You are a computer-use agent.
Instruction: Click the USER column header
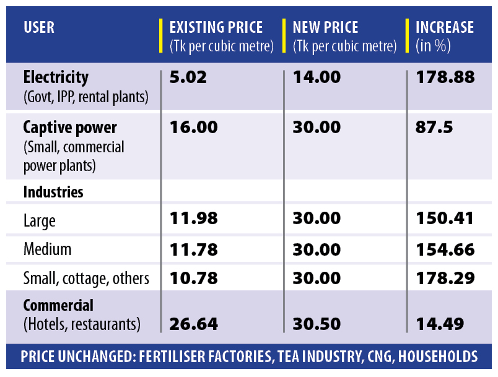click(39, 28)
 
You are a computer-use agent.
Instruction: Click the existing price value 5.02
click(188, 77)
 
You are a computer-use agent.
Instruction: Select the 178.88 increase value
click(445, 77)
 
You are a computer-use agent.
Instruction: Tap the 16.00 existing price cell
click(193, 128)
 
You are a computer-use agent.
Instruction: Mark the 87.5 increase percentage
click(434, 128)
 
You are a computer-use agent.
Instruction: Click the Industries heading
click(53, 192)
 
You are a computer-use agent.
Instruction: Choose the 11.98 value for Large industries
click(193, 219)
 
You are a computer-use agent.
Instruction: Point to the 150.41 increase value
click(445, 219)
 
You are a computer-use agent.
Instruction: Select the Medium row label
click(47, 249)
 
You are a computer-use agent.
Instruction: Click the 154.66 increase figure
click(445, 249)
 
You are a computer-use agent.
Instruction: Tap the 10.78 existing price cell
click(193, 279)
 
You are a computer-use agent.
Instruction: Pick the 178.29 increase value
click(445, 279)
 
